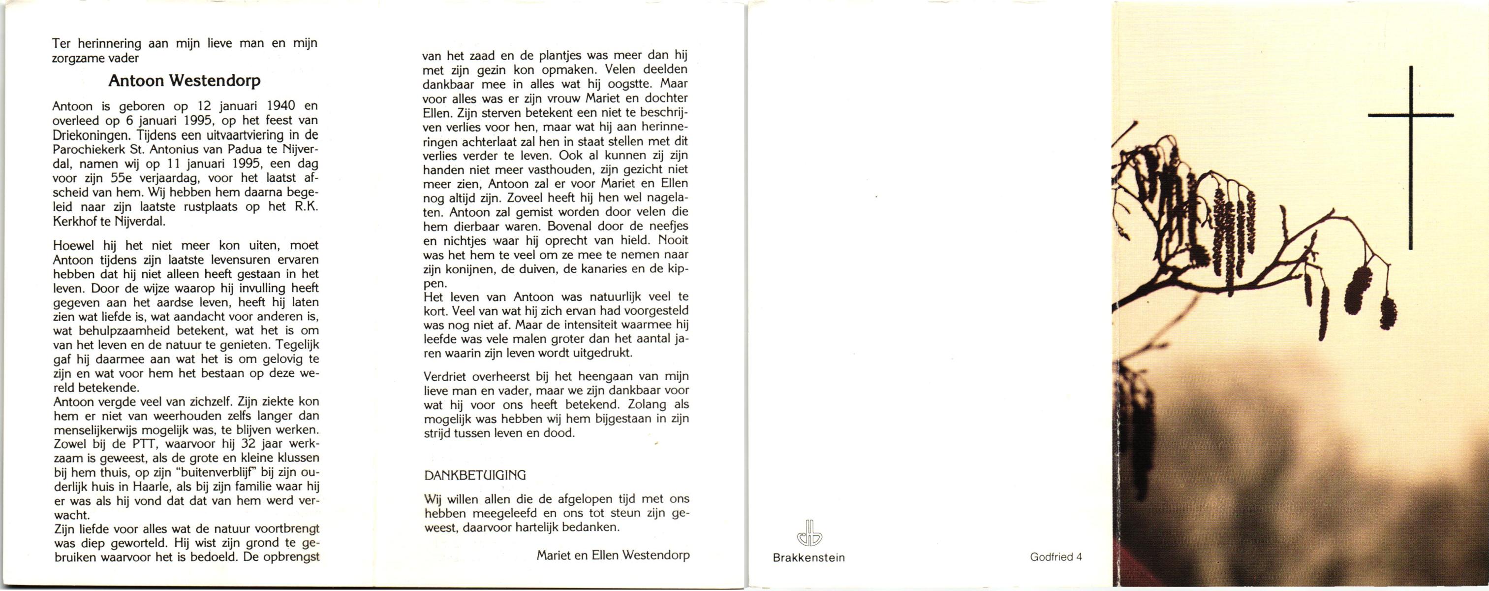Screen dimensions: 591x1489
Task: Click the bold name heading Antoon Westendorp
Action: pyautogui.click(x=185, y=81)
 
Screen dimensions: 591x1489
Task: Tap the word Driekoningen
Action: pyautogui.click(x=85, y=135)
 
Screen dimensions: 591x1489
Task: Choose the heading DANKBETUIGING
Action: pyautogui.click(x=475, y=475)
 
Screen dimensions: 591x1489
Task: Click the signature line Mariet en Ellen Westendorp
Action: pyautogui.click(x=613, y=555)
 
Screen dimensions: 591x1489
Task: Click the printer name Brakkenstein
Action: pyautogui.click(x=808, y=558)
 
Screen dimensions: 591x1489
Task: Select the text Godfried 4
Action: pyautogui.click(x=1056, y=558)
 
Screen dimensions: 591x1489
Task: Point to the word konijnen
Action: pyautogui.click(x=463, y=269)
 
